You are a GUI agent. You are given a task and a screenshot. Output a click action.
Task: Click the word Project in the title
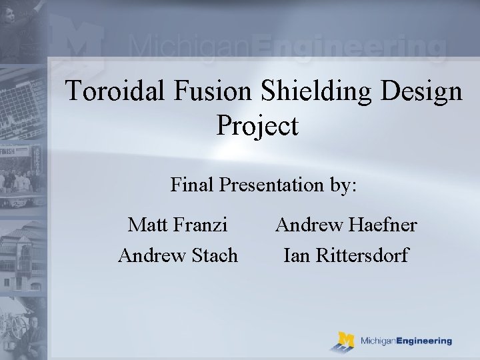(x=257, y=125)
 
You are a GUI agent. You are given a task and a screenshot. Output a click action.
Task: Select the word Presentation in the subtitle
(x=274, y=184)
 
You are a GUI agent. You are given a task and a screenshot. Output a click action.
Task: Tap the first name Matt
(x=148, y=225)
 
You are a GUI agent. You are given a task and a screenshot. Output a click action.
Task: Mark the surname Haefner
(x=385, y=225)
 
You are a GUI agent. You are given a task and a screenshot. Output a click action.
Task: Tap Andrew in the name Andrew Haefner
(x=309, y=225)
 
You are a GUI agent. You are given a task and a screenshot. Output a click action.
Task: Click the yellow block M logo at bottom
(x=345, y=341)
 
